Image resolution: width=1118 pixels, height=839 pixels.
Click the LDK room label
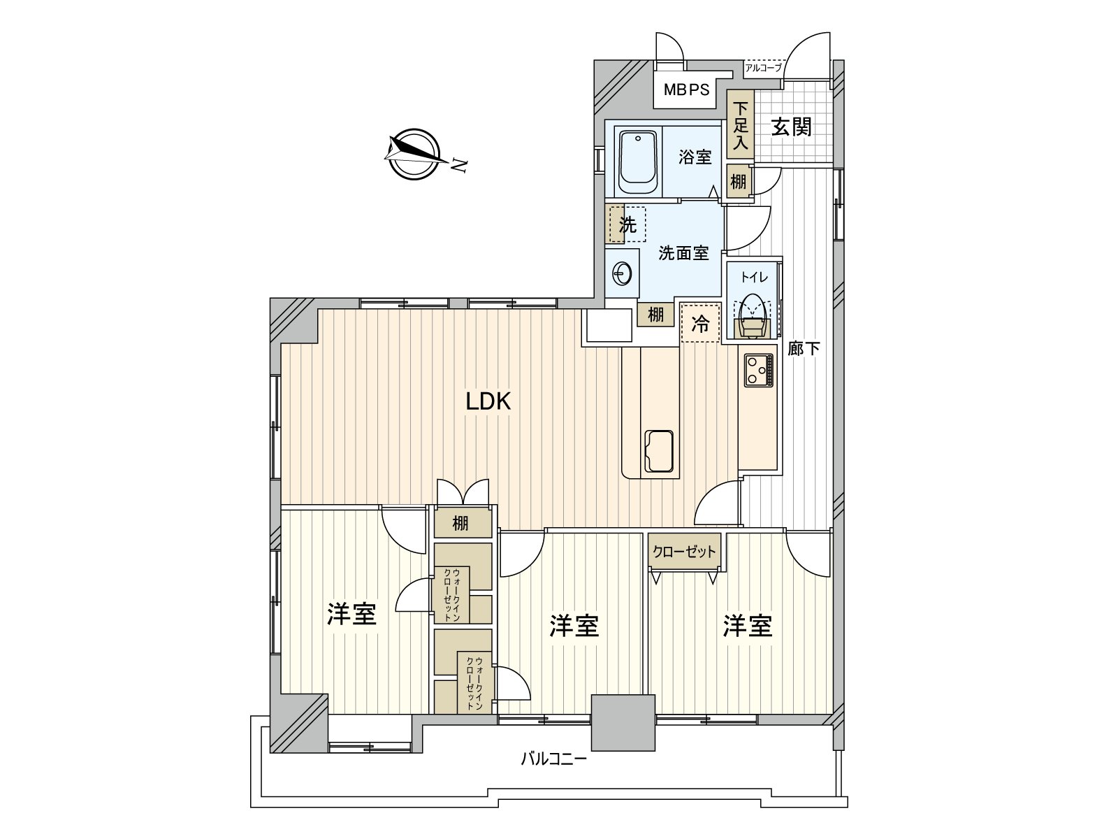(488, 402)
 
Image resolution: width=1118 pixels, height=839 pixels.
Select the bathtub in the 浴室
(637, 162)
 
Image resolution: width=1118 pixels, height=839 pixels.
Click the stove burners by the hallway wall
(759, 370)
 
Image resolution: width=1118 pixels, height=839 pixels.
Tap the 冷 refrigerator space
(700, 323)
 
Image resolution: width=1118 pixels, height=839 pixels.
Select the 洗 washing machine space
(627, 224)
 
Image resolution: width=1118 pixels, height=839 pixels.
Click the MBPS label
(686, 89)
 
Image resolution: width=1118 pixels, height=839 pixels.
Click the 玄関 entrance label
(791, 127)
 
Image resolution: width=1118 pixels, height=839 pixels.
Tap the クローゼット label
(684, 551)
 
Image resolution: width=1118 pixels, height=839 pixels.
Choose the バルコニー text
(553, 759)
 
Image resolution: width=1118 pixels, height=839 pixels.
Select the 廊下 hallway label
(804, 348)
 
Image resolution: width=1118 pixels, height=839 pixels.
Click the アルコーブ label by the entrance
(763, 68)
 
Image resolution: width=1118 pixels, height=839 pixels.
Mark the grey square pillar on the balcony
(623, 722)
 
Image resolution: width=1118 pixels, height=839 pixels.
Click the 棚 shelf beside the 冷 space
(655, 315)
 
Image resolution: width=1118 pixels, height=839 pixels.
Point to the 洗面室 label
(683, 252)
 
